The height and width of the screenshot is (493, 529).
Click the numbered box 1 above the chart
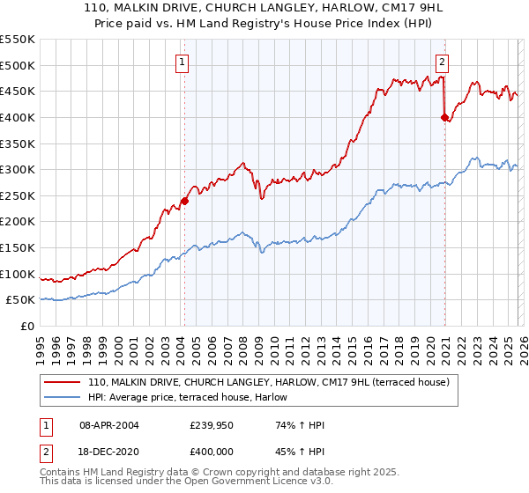(182, 62)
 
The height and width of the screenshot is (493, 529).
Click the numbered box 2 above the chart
(442, 62)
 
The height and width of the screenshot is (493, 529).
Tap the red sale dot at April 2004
(184, 201)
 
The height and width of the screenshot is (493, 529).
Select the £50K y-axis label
(19, 300)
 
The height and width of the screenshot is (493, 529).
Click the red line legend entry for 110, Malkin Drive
(269, 382)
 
